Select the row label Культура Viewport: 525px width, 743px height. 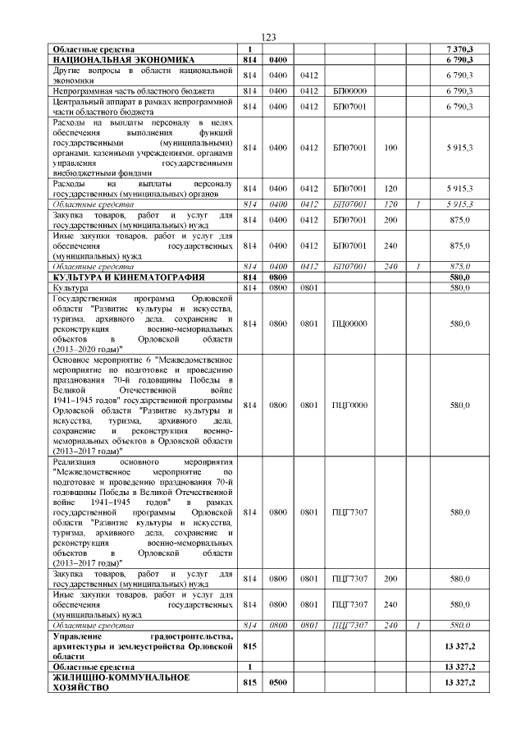pyautogui.click(x=70, y=288)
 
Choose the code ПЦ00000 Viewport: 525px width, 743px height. pyautogui.click(x=349, y=323)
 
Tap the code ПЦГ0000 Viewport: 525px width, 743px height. pyautogui.click(x=349, y=406)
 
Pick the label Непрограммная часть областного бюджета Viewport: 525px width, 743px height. pyautogui.click(x=132, y=90)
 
